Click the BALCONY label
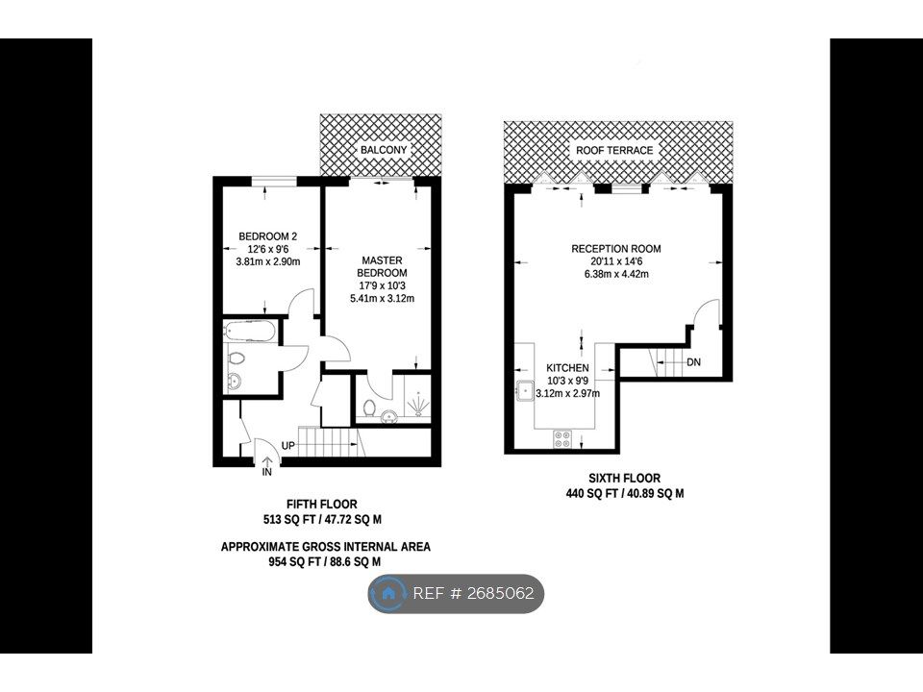pyautogui.click(x=384, y=151)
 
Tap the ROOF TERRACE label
pyautogui.click(x=614, y=151)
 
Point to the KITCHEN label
pyautogui.click(x=567, y=368)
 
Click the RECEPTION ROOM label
pyautogui.click(x=616, y=249)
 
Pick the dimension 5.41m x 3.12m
pyautogui.click(x=382, y=298)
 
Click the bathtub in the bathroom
pyautogui.click(x=249, y=333)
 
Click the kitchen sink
pyautogui.click(x=525, y=391)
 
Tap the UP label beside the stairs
pyautogui.click(x=287, y=446)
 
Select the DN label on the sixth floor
pyautogui.click(x=694, y=362)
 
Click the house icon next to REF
pyautogui.click(x=389, y=594)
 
